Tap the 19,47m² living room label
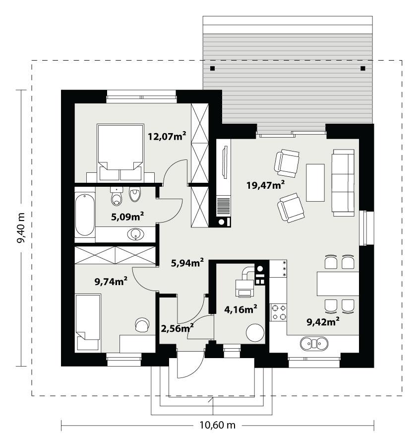[x=265, y=185]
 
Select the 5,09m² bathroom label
[x=127, y=216]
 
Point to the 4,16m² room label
[x=240, y=309]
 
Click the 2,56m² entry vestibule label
[x=177, y=328]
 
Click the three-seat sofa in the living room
[x=343, y=182]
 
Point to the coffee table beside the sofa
[x=315, y=182]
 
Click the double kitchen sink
[x=314, y=343]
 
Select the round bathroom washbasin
[x=135, y=234]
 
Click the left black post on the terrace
[x=212, y=68]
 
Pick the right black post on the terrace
[x=362, y=68]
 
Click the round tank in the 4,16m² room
[x=255, y=333]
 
